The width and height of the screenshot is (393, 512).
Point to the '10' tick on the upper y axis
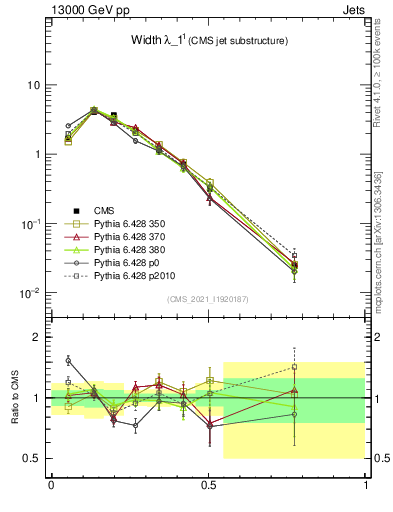34,85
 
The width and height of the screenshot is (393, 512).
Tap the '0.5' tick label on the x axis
208,485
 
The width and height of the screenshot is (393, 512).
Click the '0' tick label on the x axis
51,485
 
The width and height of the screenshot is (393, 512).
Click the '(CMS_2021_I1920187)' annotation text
209,300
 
